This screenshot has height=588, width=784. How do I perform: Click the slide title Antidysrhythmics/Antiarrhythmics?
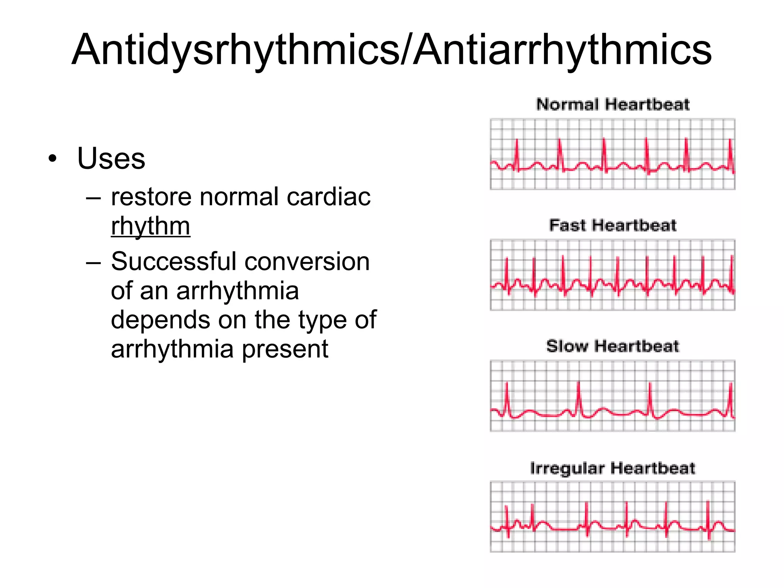pyautogui.click(x=391, y=50)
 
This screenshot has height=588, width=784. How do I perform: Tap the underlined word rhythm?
pyautogui.click(x=150, y=226)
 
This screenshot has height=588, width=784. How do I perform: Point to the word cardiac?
pyautogui.click(x=328, y=197)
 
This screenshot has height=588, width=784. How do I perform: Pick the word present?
pyautogui.click(x=285, y=349)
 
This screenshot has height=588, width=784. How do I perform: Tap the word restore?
pyautogui.click(x=151, y=197)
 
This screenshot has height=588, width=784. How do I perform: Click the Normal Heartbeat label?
pyautogui.click(x=612, y=105)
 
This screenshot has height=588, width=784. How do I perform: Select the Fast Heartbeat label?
pyautogui.click(x=612, y=225)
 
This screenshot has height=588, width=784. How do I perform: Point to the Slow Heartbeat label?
pyautogui.click(x=612, y=346)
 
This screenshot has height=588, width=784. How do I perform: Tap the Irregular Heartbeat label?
pyautogui.click(x=612, y=468)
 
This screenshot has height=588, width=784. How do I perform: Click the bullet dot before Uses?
pyautogui.click(x=52, y=158)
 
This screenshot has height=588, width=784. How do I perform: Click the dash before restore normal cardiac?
pyautogui.click(x=93, y=198)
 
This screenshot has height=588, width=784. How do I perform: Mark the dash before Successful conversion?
pyautogui.click(x=93, y=263)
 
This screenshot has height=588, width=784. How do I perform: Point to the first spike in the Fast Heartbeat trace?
pyautogui.click(x=507, y=274)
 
